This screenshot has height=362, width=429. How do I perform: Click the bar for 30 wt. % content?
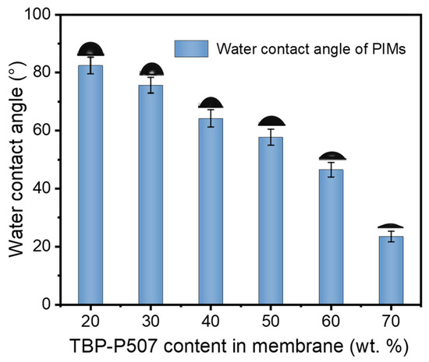tap(151, 195)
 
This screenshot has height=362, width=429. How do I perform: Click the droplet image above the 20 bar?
tap(90, 50)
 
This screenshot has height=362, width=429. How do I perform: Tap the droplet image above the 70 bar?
tap(391, 226)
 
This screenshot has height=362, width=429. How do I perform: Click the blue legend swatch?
tap(191, 47)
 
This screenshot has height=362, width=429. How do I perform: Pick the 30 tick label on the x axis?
tap(151, 319)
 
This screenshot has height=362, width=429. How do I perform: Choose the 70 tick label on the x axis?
tap(391, 319)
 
